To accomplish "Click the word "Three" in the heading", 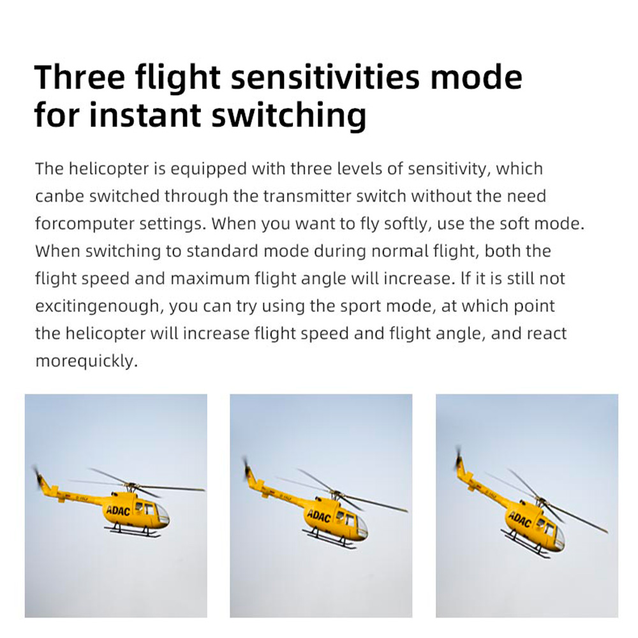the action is pos(80,77).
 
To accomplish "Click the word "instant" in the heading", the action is pos(145,115).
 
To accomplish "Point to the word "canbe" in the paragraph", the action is pos(59,196).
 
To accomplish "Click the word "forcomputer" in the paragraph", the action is pos(84,224).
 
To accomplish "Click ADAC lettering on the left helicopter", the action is pos(118,511).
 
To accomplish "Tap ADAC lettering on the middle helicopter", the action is pos(318,516).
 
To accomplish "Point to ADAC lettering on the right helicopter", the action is pos(519,519).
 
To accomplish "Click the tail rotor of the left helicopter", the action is pos(38,477).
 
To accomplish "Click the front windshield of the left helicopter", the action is pos(162,514).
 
